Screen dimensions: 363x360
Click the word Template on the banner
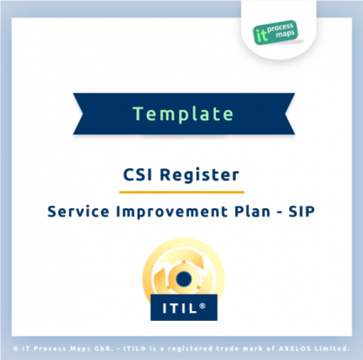(183, 114)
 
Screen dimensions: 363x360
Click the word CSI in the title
(138, 175)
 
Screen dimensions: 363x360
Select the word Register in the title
(199, 175)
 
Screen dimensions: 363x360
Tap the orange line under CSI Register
(182, 192)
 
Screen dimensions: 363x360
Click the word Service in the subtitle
(78, 211)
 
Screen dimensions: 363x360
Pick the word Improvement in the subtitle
(171, 212)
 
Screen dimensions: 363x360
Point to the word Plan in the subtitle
(252, 211)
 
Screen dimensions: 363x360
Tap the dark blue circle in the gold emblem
(184, 279)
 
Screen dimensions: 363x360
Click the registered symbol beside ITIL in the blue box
(203, 306)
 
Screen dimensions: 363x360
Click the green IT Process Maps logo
(275, 32)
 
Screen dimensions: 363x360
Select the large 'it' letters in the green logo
(261, 36)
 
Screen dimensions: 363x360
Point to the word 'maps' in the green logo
(286, 35)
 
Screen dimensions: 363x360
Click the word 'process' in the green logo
(280, 28)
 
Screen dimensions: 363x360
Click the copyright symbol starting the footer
(16, 349)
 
